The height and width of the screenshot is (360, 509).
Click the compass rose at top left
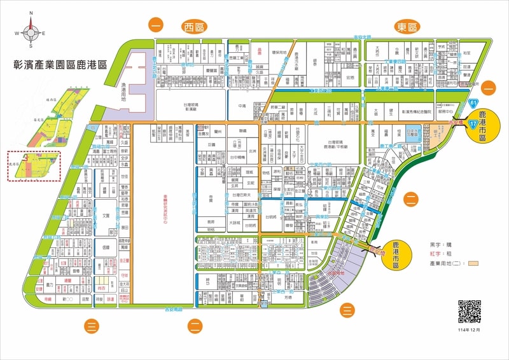(31, 32)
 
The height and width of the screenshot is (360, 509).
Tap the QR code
(470, 311)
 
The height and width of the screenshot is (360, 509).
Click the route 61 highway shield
(473, 102)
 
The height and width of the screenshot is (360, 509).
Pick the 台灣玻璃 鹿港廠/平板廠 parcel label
(338, 144)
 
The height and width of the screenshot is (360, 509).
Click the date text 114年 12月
(470, 330)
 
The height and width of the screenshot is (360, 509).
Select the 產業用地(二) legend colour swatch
(473, 263)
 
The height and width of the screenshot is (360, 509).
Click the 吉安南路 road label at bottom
(173, 309)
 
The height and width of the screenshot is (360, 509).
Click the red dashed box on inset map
(33, 166)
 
